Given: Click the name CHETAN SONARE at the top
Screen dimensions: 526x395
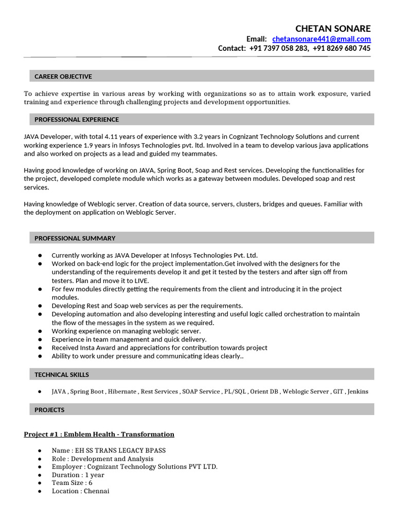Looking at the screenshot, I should (x=333, y=28).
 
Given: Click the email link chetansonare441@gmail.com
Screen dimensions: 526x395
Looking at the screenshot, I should (x=321, y=39).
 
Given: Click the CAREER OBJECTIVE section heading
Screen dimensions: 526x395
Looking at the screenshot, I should (x=63, y=77).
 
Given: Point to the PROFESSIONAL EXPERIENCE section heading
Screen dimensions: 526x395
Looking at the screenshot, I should (x=77, y=120).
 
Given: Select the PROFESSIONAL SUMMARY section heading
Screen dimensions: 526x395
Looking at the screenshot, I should (x=75, y=238).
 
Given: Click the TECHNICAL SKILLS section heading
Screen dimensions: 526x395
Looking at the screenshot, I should (x=62, y=375).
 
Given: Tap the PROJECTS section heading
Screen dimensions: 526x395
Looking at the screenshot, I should (x=49, y=410).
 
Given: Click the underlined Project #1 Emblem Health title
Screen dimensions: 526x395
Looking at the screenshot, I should (x=99, y=435).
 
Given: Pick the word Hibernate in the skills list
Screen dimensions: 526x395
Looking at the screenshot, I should (x=123, y=391).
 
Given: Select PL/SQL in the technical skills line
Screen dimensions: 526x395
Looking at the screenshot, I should (x=235, y=391).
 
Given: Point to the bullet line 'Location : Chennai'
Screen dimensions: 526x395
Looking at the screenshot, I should (x=80, y=491).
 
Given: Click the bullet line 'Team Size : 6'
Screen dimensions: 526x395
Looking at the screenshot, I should (x=72, y=483).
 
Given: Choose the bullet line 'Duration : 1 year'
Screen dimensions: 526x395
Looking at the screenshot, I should (x=78, y=475).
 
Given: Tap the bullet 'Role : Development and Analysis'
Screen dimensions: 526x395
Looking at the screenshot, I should (x=102, y=459).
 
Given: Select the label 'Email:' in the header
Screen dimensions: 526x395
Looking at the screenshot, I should (x=257, y=39).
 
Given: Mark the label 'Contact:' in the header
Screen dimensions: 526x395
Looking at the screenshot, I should (x=232, y=48).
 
